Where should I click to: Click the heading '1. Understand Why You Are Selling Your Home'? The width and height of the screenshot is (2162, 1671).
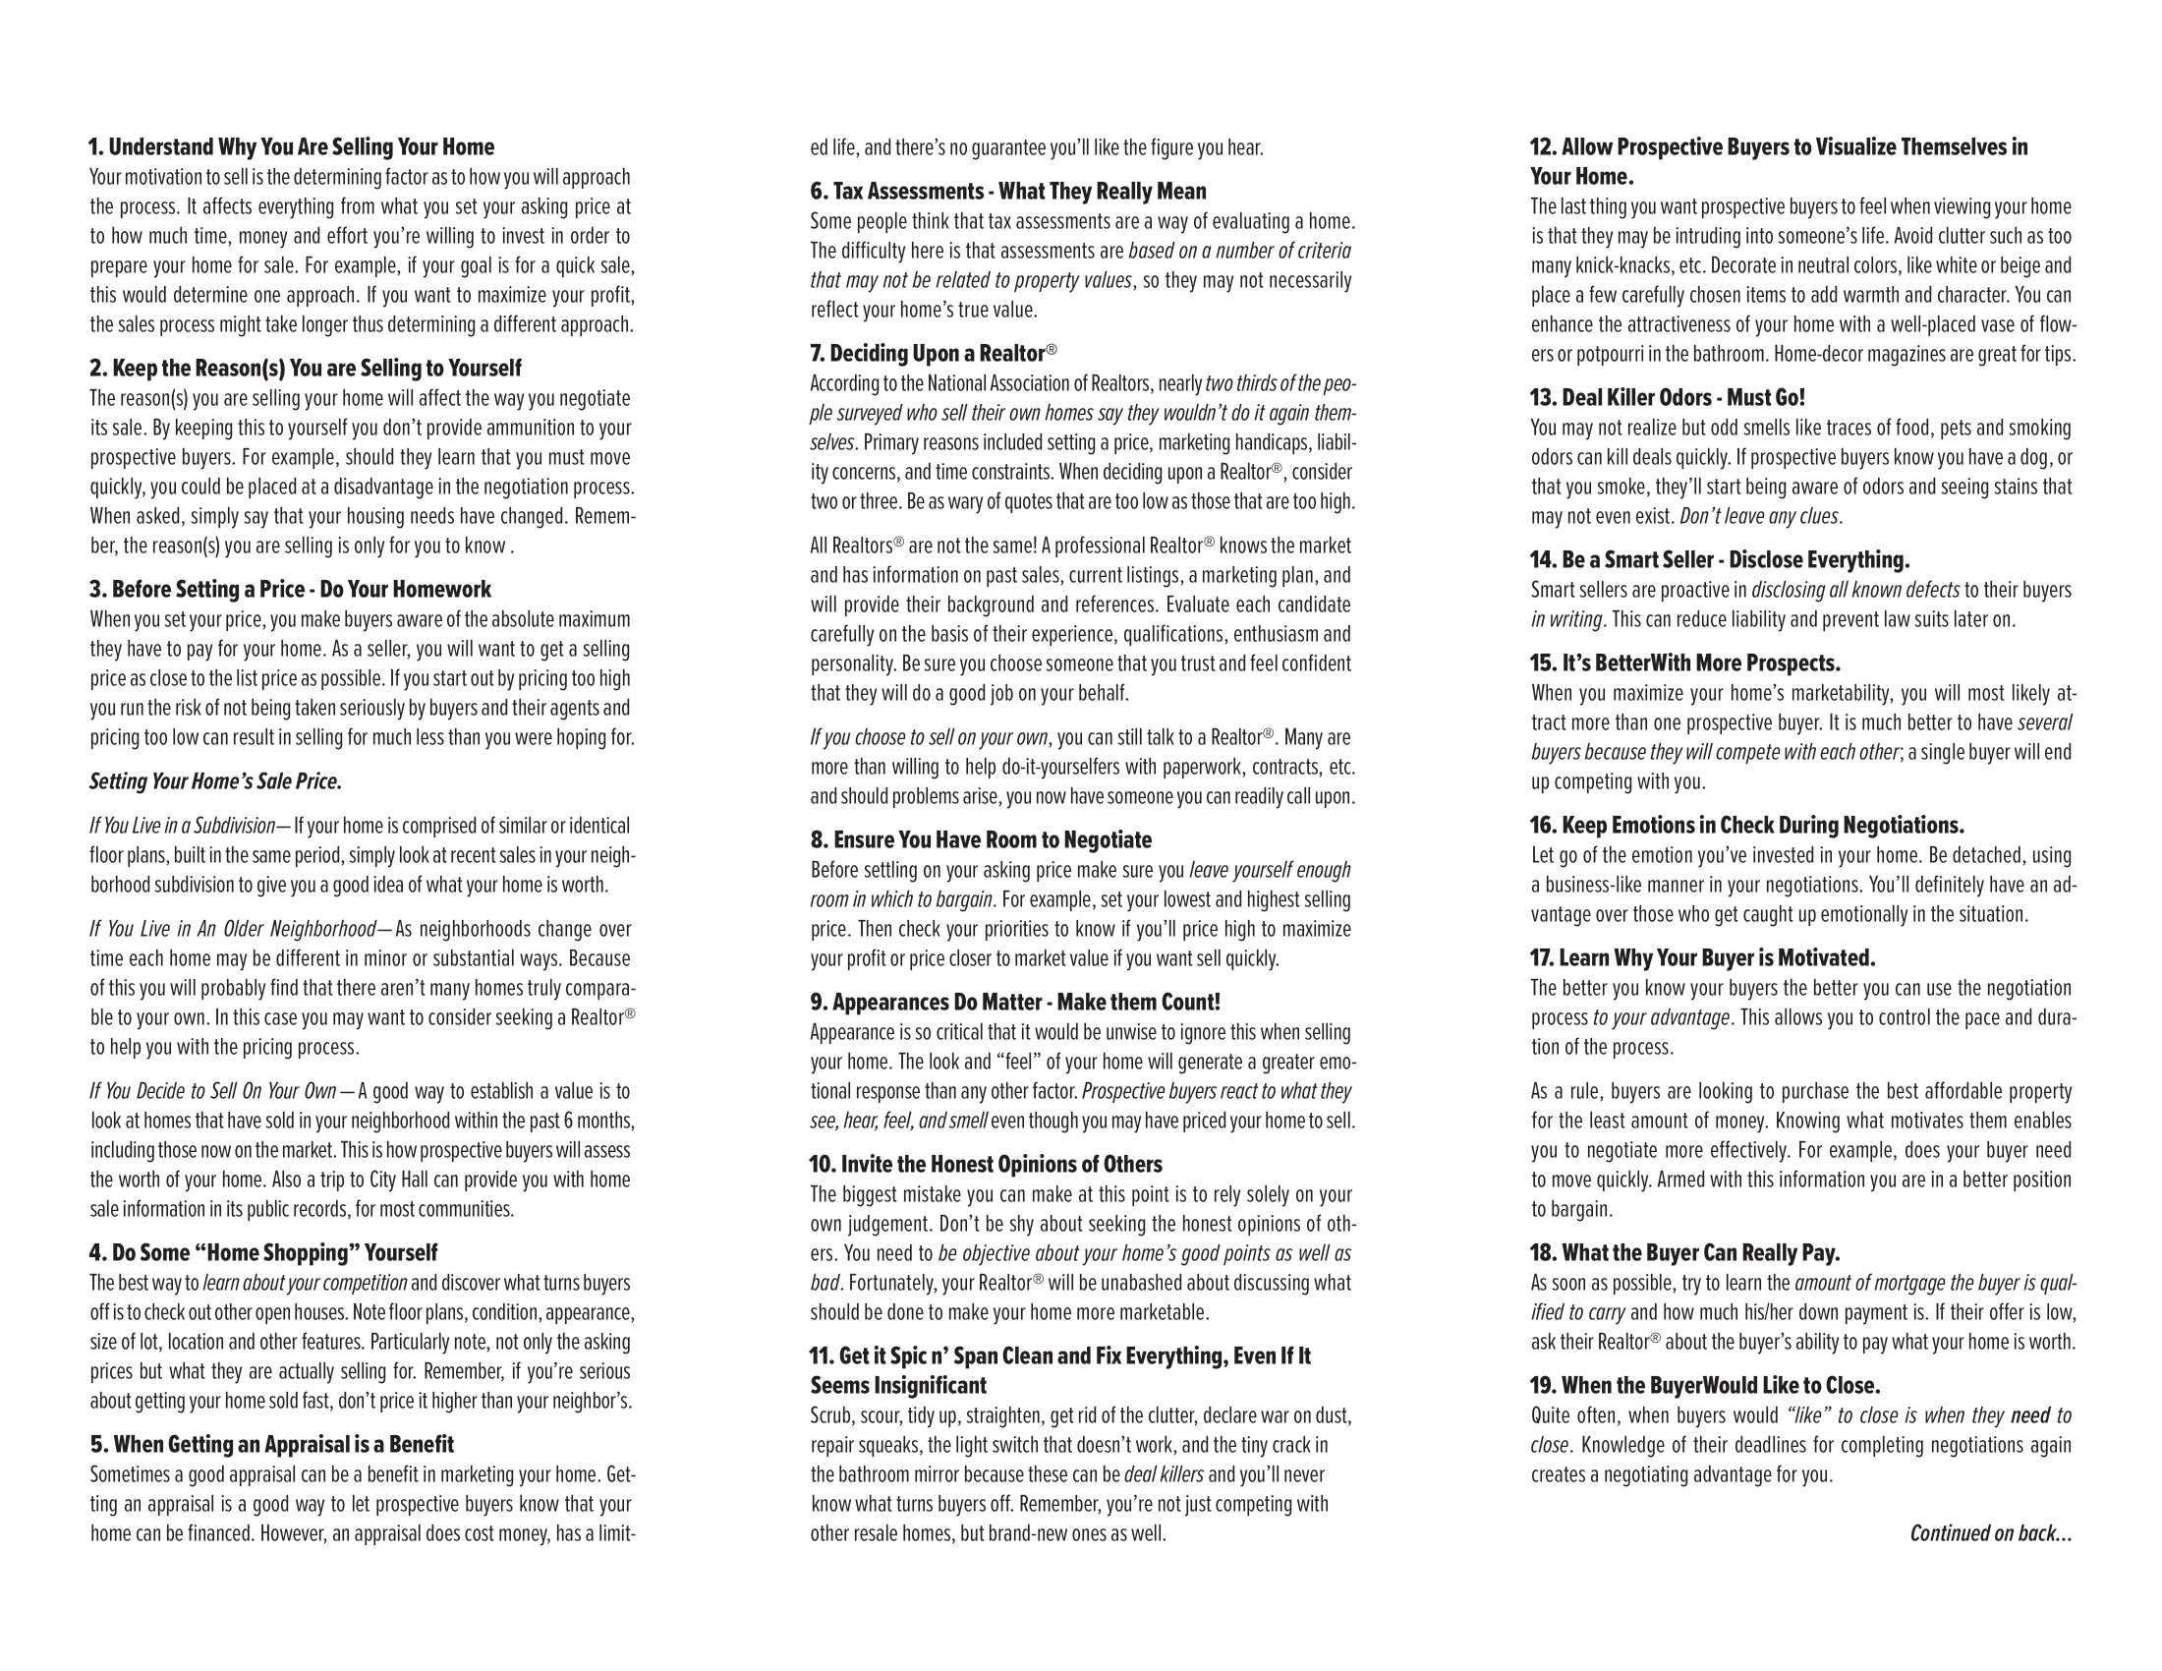291,147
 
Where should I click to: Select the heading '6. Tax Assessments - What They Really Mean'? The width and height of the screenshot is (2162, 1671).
1007,191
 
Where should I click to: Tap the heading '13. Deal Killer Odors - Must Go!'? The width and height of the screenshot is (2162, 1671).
1667,398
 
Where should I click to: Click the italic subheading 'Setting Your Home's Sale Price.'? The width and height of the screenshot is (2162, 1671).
216,782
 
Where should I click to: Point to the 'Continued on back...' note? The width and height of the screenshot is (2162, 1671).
1990,1533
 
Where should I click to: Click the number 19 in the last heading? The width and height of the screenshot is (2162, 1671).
1543,1386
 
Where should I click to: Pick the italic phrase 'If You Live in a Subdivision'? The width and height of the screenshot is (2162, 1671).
182,826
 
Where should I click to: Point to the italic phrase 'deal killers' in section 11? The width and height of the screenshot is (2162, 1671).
1164,1475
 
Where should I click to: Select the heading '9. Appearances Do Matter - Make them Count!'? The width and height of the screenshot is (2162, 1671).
1015,1002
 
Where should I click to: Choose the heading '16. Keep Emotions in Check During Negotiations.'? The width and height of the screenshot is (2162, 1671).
1746,826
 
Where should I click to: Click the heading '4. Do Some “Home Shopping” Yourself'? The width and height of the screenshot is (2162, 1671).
263,1253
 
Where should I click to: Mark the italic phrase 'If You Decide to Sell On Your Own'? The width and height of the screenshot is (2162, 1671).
213,1091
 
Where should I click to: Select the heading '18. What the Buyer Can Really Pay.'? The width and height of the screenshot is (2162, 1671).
1684,1253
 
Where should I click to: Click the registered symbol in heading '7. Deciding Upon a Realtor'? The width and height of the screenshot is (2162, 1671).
1052,350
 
